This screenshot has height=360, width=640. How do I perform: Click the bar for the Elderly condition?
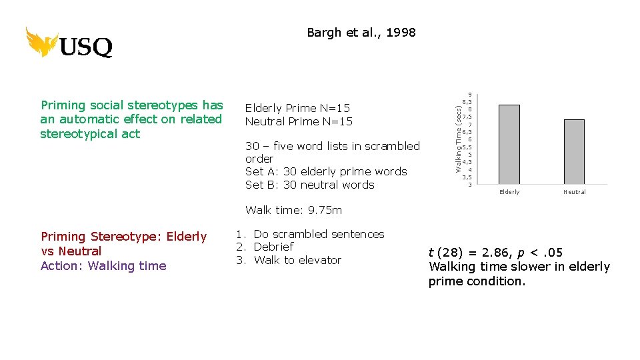pos(509,144)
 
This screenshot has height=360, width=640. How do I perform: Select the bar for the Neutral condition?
pos(574,151)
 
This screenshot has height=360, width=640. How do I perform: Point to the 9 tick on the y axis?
pos(470,95)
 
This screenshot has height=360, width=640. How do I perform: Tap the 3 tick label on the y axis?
pos(470,185)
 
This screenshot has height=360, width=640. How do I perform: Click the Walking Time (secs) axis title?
pos(459,133)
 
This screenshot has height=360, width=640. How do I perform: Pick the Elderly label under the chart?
pos(509,192)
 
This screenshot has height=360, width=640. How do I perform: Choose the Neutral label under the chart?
pos(574,192)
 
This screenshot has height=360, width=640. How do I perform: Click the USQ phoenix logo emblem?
pos(41,42)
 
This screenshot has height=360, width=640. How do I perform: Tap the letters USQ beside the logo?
pos(86,48)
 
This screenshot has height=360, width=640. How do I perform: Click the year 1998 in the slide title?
pos(401,33)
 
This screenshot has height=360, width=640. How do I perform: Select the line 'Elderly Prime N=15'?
pos(297,108)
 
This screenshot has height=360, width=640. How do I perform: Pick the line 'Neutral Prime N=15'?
pos(299,121)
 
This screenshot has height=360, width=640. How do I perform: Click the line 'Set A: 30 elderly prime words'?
pos(326,171)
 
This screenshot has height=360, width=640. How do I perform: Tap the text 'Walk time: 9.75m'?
pos(293,210)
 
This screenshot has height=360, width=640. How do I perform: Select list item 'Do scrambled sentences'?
pos(319,234)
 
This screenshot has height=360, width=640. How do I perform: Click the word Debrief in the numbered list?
pos(273,247)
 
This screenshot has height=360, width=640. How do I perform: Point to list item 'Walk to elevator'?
pos(297,260)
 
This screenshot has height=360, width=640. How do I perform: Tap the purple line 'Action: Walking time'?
pos(103,266)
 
